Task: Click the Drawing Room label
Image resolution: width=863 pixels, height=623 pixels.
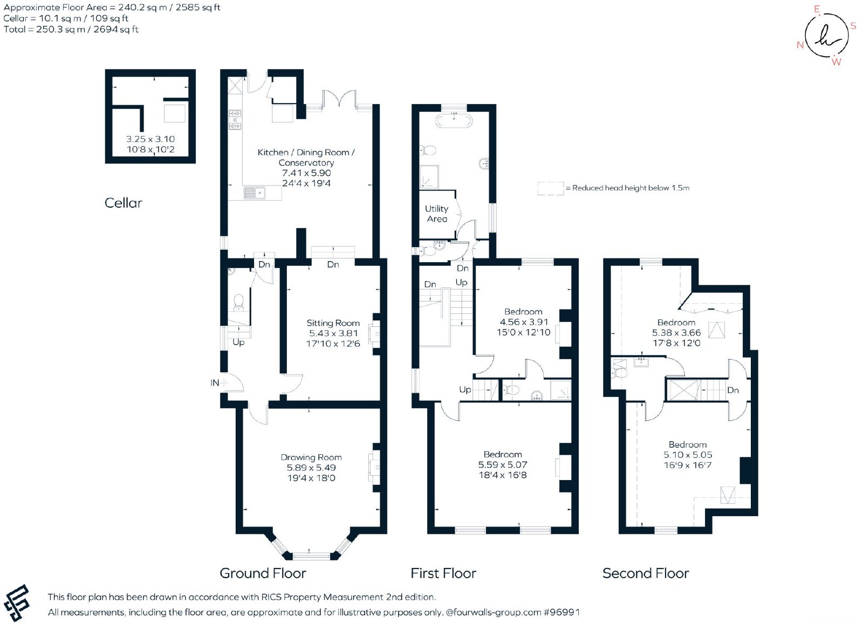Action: (x=311, y=457)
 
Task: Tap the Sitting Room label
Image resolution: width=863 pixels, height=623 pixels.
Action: (x=333, y=323)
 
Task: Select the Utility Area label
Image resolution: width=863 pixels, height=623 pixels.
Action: (x=436, y=214)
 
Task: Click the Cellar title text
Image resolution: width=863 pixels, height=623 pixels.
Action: (x=124, y=203)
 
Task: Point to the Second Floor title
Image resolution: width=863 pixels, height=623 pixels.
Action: (x=646, y=573)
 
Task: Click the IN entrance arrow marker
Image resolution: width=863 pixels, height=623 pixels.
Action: (x=223, y=382)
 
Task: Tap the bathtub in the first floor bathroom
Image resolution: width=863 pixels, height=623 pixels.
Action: (x=454, y=121)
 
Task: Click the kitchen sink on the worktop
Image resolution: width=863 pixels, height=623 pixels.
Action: (x=254, y=193)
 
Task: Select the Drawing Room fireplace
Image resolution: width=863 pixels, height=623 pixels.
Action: (x=374, y=467)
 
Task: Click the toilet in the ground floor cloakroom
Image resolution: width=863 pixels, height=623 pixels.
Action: (x=239, y=303)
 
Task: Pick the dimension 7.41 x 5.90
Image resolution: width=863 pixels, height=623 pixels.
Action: (x=306, y=173)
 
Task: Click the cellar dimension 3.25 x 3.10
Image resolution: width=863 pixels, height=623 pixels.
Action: (x=150, y=139)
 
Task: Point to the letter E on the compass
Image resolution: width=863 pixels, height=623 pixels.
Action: (x=817, y=9)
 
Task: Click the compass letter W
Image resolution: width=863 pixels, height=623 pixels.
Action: (x=837, y=62)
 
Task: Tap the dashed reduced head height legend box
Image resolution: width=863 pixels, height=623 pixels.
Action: (x=551, y=188)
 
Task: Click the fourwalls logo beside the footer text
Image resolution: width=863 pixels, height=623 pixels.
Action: (x=17, y=603)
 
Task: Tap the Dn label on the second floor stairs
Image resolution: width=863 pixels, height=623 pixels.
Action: (x=733, y=391)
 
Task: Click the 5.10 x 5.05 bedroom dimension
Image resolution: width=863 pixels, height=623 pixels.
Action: (x=688, y=455)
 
